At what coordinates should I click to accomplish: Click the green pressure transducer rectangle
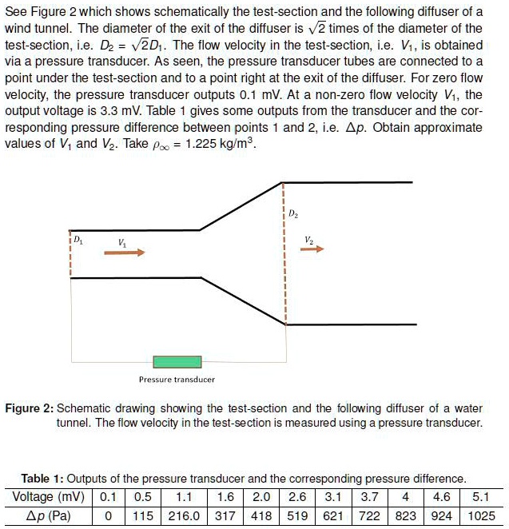coord(177,362)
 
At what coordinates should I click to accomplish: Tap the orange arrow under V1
coord(124,253)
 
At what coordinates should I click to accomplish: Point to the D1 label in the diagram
coord(77,239)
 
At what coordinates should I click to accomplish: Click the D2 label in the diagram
coord(293,214)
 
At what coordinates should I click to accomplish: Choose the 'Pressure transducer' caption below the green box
coord(177,380)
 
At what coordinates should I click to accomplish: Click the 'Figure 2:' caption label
coord(29,408)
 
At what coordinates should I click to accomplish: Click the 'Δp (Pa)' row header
coord(49,515)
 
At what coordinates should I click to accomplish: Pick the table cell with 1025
coord(482,515)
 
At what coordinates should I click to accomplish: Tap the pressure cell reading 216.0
coord(185,515)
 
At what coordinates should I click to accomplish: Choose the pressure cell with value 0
coord(106,515)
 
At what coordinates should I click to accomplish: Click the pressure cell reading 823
coord(407,515)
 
